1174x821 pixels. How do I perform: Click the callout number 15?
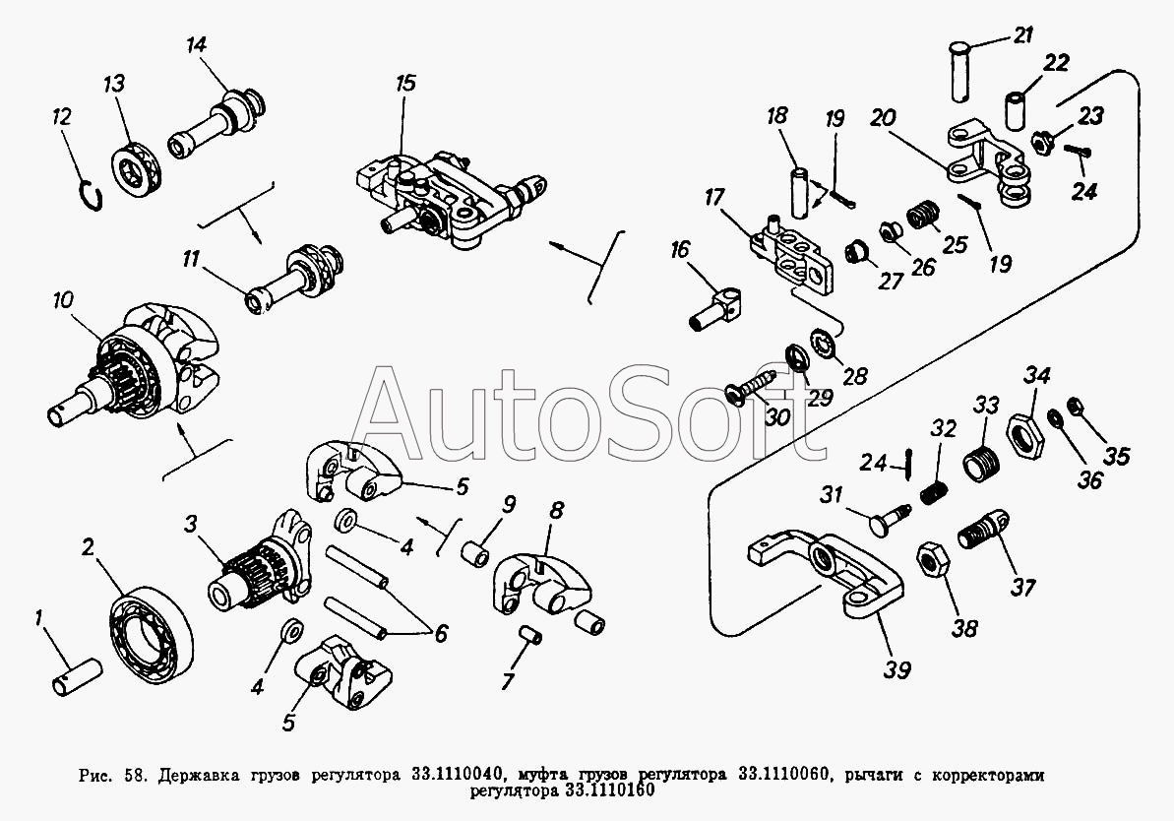click(405, 83)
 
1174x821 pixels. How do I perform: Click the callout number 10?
click(64, 300)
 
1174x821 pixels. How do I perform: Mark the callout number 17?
click(715, 198)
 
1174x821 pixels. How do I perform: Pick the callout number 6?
click(440, 634)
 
